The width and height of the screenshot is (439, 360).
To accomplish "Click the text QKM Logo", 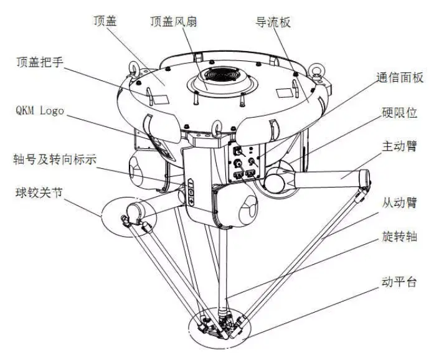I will pyautogui.click(x=39, y=111).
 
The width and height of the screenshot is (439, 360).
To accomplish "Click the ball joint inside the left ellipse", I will pyautogui.click(x=133, y=216).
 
